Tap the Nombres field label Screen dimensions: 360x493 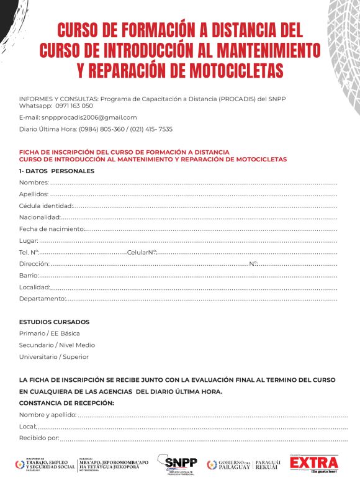pos(34,183)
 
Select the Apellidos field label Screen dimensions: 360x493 pos(34,194)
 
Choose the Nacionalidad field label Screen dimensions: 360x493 pos(40,217)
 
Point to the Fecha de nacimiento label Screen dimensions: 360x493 pos(51,229)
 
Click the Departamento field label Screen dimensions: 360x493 pos(42,299)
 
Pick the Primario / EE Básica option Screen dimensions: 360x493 pos(49,333)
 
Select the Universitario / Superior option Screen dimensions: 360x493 pos(53,357)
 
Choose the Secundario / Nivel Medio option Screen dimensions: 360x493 pos(56,345)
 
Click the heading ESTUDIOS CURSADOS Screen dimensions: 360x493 pos(54,322)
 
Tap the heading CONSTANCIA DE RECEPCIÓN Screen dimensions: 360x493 pos(66,404)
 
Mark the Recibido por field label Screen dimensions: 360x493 pos(38,438)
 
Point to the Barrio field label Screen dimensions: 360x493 pos(29,276)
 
